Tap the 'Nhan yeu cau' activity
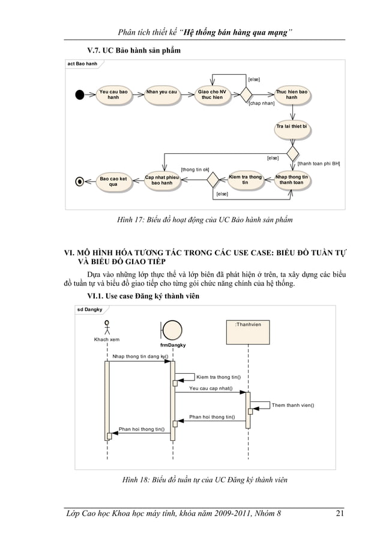[161, 92]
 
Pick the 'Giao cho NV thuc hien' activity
[213, 95]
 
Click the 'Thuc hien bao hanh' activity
[291, 95]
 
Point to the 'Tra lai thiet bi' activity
[291, 127]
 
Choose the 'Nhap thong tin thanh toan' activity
[291, 180]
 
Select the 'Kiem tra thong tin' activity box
[245, 180]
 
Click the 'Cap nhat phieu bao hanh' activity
[163, 180]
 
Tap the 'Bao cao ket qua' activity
[113, 182]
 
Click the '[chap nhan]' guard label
[261, 104]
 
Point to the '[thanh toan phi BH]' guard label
[319, 163]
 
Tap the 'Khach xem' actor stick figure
[107, 328]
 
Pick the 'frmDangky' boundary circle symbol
[173, 331]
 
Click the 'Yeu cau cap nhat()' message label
[211, 388]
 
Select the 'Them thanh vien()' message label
[293, 405]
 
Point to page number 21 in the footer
[340, 512]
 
